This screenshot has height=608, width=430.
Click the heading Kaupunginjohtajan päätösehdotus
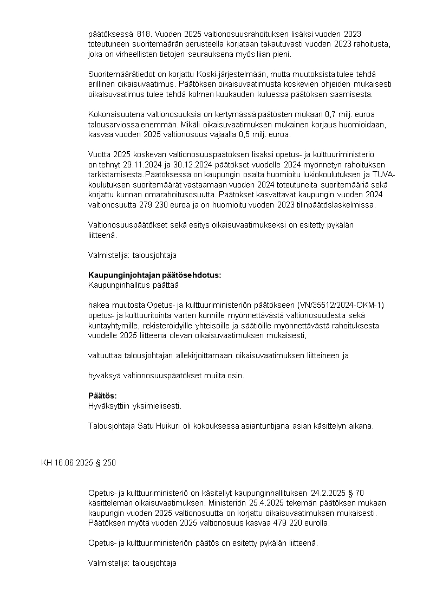(x=154, y=275)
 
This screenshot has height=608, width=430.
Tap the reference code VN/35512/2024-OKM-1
(x=341, y=305)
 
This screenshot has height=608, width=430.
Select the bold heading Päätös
(x=102, y=396)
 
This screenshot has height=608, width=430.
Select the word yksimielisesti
(x=157, y=405)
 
